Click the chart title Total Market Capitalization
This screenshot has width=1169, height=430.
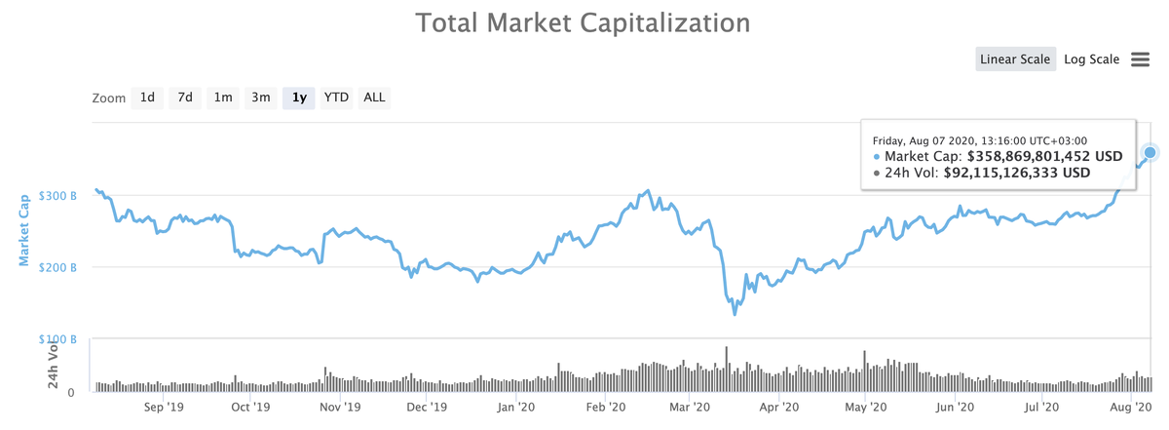pyautogui.click(x=584, y=22)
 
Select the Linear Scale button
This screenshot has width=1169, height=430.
pyautogui.click(x=1015, y=59)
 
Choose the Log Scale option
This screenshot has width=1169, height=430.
pyautogui.click(x=1091, y=59)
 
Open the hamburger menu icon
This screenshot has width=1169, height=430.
pyautogui.click(x=1141, y=59)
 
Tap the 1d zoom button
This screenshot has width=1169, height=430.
pyautogui.click(x=147, y=98)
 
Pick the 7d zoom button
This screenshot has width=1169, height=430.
pyautogui.click(x=185, y=98)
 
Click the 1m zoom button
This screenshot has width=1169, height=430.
pyautogui.click(x=223, y=98)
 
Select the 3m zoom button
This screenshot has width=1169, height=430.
pyautogui.click(x=261, y=98)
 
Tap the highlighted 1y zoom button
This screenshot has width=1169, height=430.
pyautogui.click(x=299, y=98)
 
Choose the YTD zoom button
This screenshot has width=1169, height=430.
pyautogui.click(x=336, y=98)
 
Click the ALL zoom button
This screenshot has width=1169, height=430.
pyautogui.click(x=374, y=98)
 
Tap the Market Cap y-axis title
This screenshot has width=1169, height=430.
pyautogui.click(x=23, y=229)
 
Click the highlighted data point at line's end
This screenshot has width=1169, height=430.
pyautogui.click(x=1150, y=153)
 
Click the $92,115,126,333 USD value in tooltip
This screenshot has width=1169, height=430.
pyautogui.click(x=1017, y=173)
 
